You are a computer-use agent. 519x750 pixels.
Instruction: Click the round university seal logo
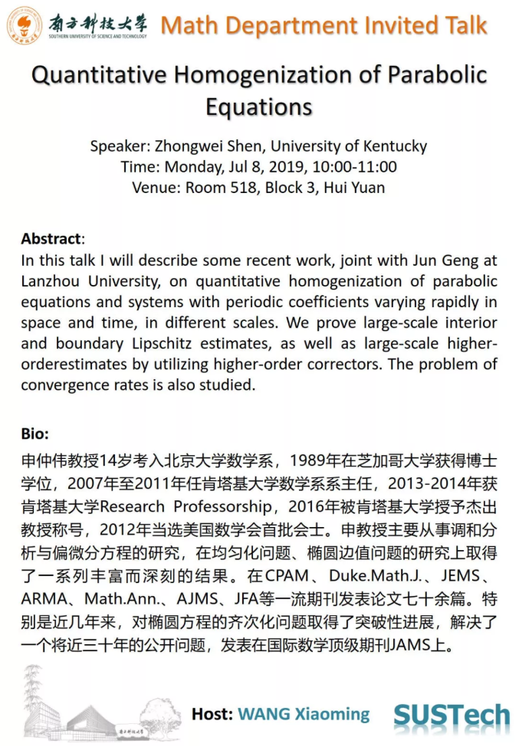click(x=25, y=25)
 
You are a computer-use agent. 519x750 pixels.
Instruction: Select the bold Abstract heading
click(x=51, y=238)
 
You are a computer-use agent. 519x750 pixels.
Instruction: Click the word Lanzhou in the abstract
click(x=54, y=281)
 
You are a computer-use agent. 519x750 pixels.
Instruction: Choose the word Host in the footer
click(x=212, y=714)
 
